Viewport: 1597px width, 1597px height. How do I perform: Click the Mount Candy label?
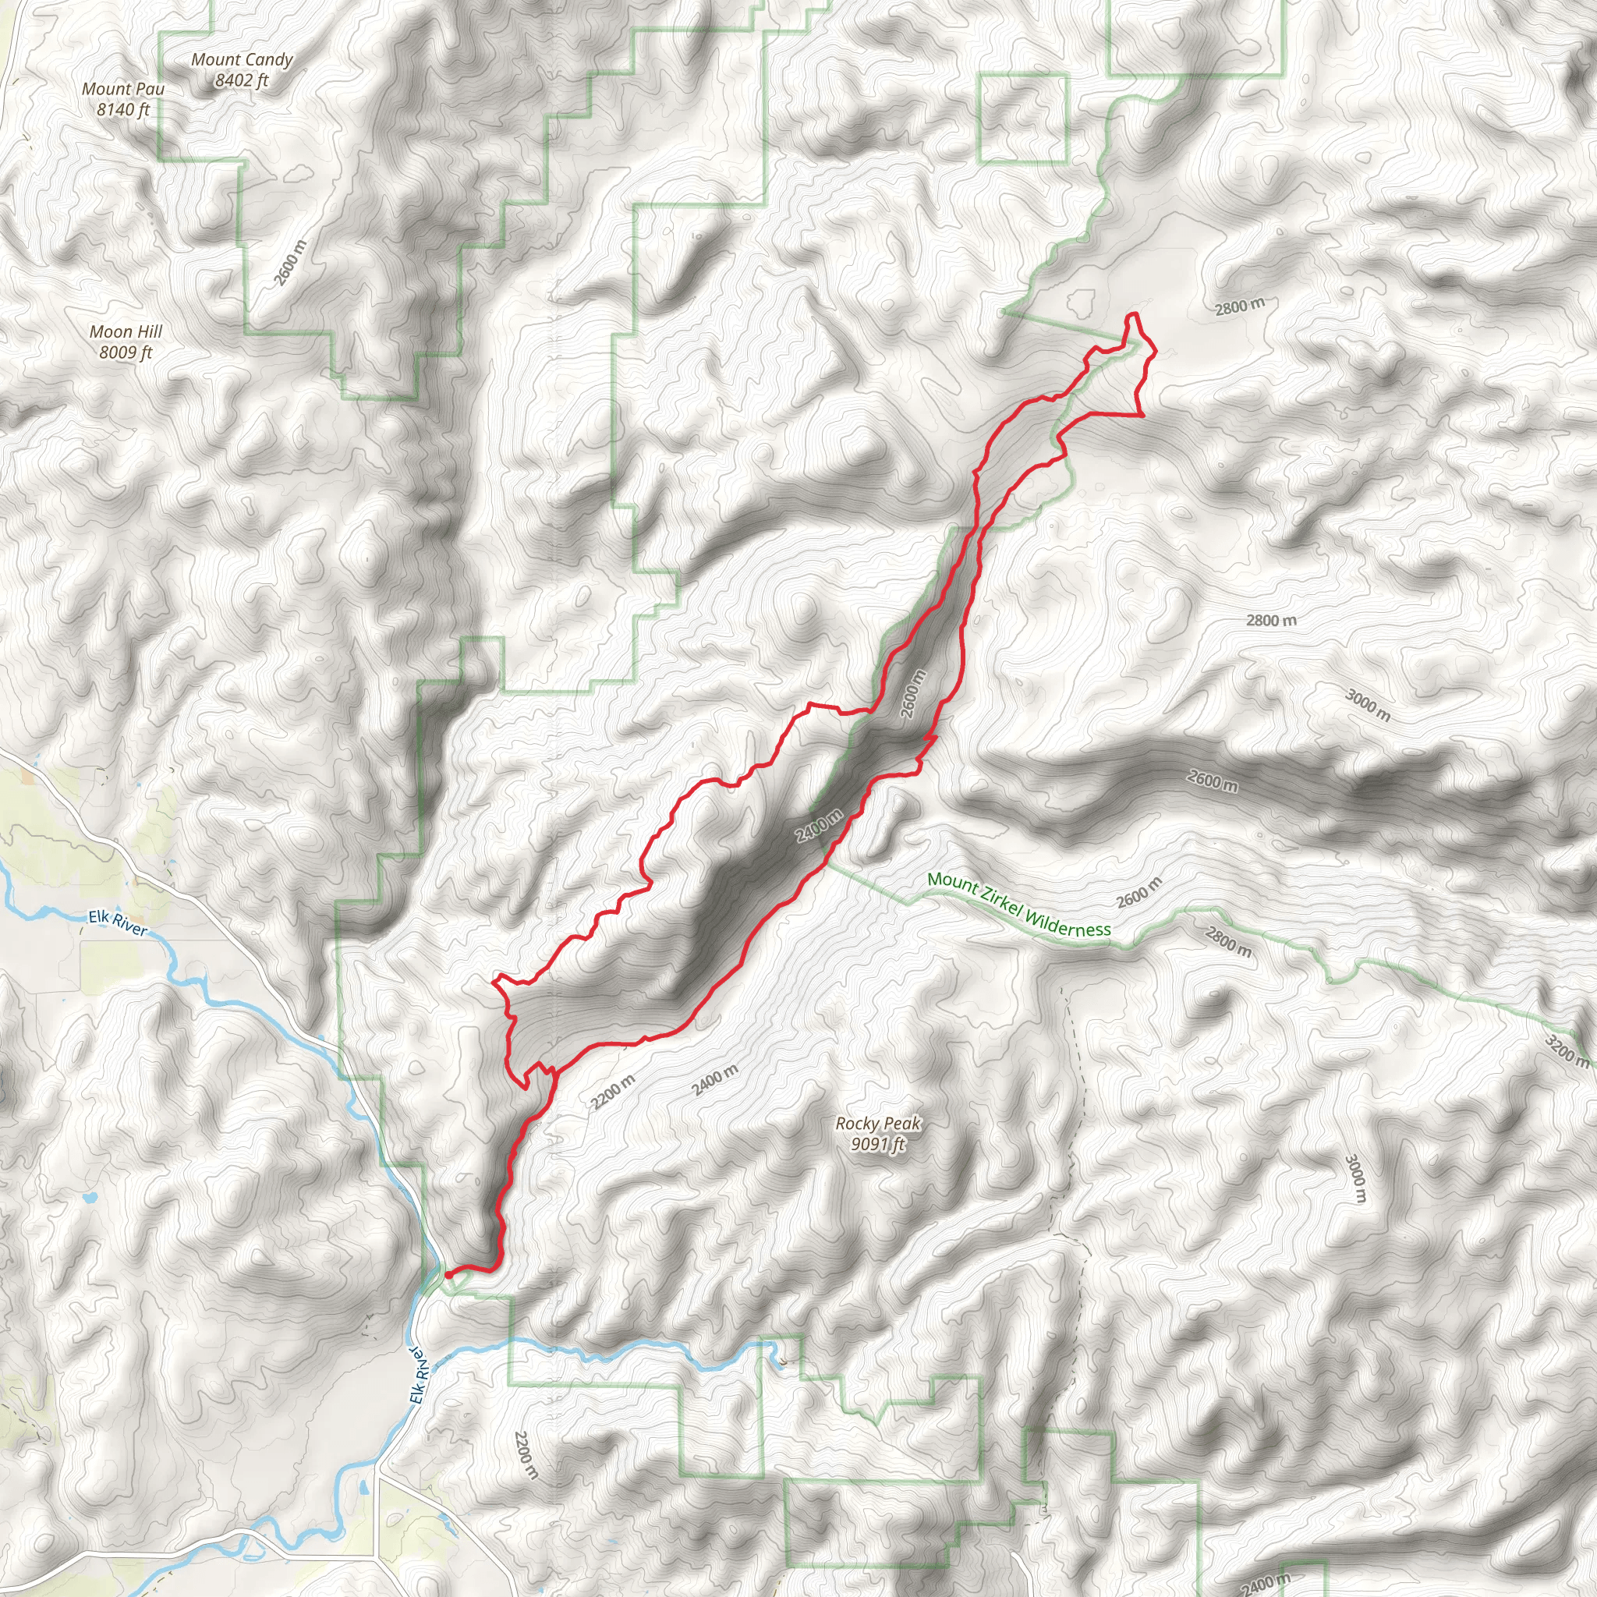(242, 59)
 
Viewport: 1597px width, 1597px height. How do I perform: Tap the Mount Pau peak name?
(123, 88)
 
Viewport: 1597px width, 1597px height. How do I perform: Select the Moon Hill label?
(126, 331)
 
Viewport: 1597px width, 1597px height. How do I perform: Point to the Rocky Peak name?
(878, 1124)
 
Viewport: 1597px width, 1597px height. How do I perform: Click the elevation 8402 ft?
(242, 80)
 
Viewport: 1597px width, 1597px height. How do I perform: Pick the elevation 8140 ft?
(123, 109)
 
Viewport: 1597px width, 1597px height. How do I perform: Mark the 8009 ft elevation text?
(126, 353)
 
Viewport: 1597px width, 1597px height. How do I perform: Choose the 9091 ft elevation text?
(878, 1144)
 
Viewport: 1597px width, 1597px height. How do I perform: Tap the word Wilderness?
(1068, 923)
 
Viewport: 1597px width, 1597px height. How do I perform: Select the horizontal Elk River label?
(119, 923)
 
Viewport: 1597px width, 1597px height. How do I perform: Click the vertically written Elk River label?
(420, 1373)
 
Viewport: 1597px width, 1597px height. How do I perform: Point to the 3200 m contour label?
(1566, 1050)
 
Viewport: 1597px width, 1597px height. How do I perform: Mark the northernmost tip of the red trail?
(1134, 315)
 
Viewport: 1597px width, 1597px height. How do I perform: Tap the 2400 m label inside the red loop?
(818, 825)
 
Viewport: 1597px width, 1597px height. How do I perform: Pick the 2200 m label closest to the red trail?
(612, 1092)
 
